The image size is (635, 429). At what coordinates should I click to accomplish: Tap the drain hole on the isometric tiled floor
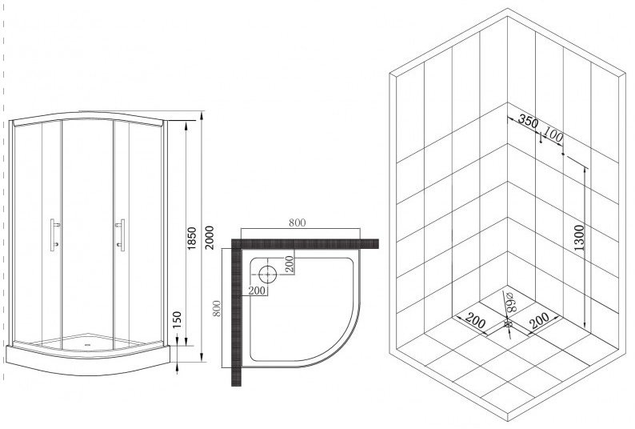click(508, 325)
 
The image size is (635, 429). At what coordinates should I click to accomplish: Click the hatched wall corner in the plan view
click(236, 243)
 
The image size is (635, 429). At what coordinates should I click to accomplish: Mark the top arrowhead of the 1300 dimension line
click(585, 170)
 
